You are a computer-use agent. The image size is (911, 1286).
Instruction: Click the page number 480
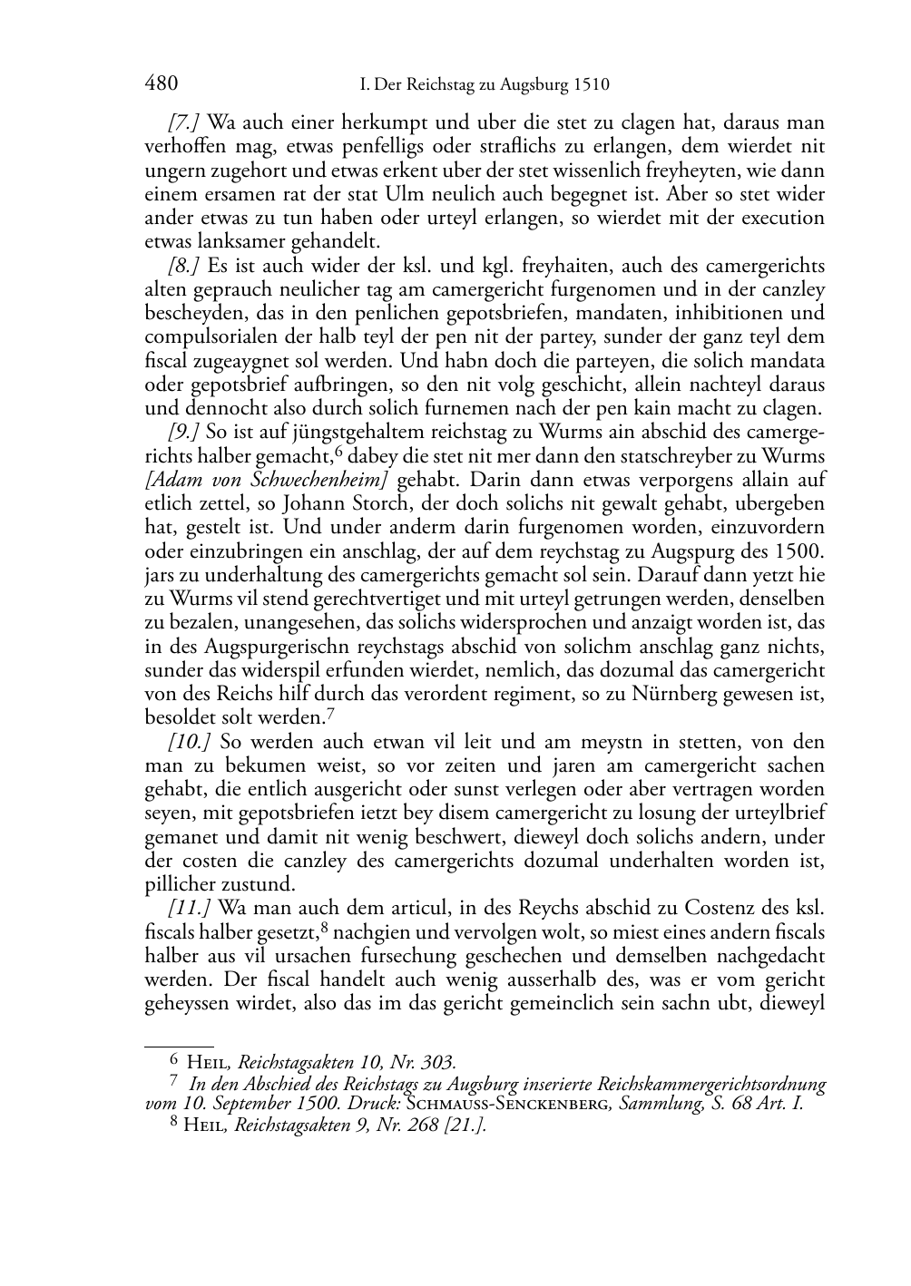[x=161, y=84]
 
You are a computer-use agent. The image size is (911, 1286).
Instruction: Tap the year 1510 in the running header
[x=590, y=85]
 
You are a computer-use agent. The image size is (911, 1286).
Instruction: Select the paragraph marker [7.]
[x=183, y=122]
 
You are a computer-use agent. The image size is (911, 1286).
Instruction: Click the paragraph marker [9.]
[x=183, y=433]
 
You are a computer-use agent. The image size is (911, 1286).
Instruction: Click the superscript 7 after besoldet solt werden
[x=330, y=713]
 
